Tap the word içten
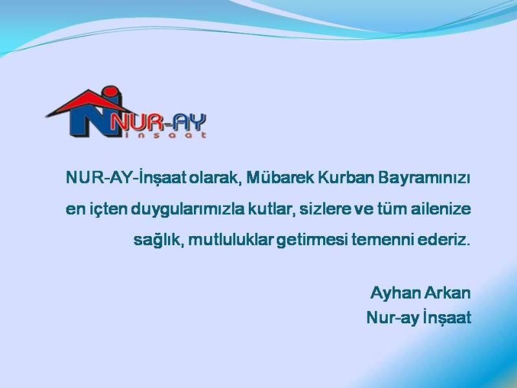click(x=107, y=210)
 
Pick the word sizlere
click(x=324, y=210)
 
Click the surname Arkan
click(x=447, y=292)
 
